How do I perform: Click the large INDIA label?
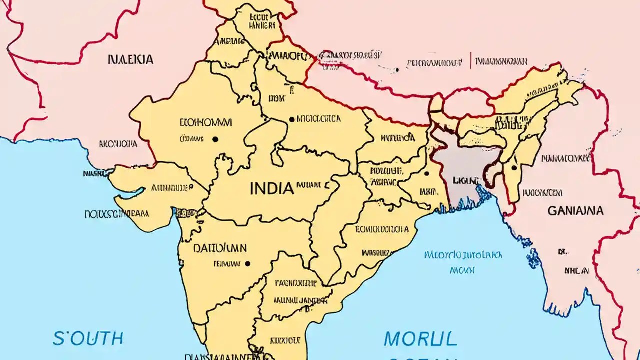[271, 188]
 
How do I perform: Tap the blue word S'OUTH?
[88, 338]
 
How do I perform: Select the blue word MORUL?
[420, 339]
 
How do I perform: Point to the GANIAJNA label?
[575, 211]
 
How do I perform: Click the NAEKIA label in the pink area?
[130, 60]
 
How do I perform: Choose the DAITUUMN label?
[220, 248]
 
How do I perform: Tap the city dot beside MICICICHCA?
[292, 119]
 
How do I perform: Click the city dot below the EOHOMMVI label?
[215, 139]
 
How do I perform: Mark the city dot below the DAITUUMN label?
[247, 263]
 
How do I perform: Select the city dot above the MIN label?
[426, 174]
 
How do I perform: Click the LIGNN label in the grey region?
[464, 179]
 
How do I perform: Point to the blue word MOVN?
[462, 270]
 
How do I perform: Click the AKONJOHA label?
[118, 144]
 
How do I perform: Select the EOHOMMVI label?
[205, 122]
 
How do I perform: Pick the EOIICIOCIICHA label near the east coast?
[382, 229]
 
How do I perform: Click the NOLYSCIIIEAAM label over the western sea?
[116, 214]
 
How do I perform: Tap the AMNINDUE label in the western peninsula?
[171, 188]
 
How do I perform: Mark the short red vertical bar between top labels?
[470, 61]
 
